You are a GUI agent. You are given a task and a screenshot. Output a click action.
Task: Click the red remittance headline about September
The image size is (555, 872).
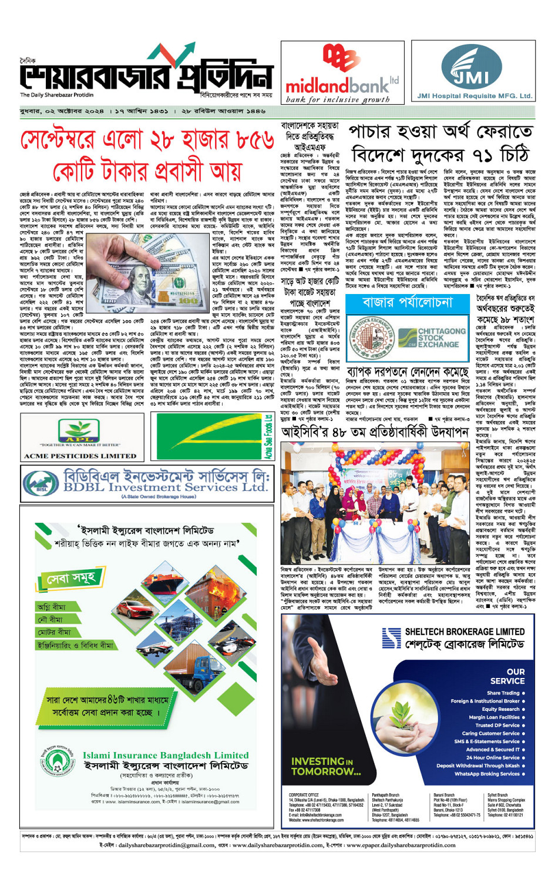click(x=147, y=155)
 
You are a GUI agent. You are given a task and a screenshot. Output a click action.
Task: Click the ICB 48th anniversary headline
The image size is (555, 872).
click(x=374, y=432)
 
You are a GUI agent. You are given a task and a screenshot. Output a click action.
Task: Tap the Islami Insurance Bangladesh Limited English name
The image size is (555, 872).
click(x=165, y=755)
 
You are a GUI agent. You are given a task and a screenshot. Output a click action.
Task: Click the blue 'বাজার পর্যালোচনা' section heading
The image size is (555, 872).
click(x=408, y=302)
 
